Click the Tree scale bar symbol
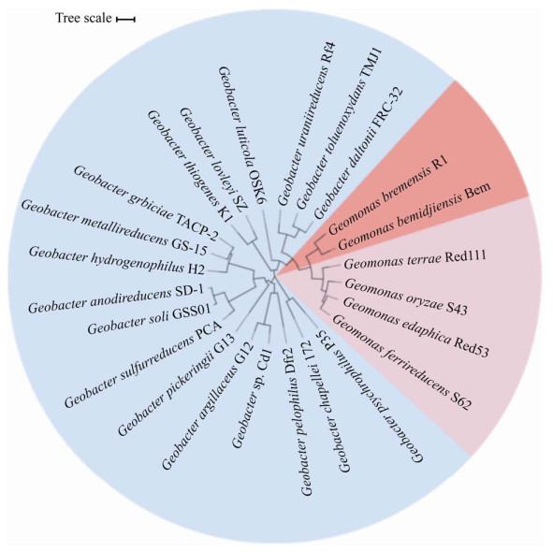126,20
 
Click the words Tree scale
83,18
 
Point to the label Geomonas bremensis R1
388,196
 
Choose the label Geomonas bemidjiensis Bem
414,215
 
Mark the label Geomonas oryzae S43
406,297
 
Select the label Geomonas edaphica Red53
415,327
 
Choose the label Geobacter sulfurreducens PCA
143,364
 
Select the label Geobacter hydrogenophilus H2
117,260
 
